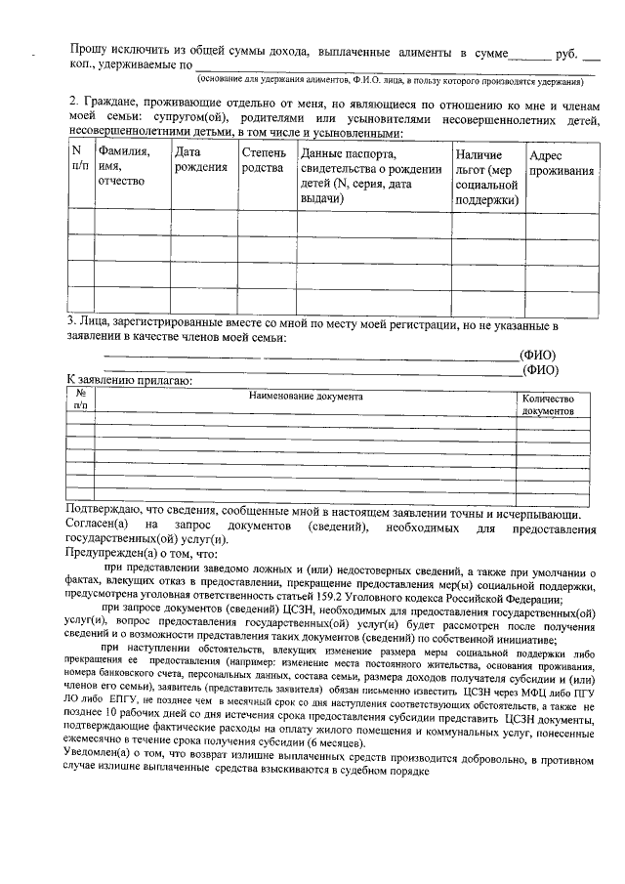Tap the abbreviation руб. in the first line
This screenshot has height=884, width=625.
point(568,51)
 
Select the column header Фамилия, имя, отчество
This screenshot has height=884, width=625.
point(123,167)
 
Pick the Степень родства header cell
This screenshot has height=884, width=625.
point(264,160)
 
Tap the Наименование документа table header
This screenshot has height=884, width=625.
point(305,398)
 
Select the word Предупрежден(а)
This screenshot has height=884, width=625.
point(115,554)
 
